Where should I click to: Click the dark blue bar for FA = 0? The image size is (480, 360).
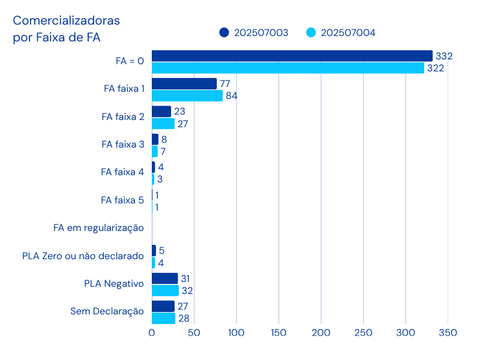[x=292, y=56]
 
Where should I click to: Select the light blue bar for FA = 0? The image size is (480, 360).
[x=288, y=68]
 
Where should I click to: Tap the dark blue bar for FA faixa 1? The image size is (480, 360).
[x=184, y=83]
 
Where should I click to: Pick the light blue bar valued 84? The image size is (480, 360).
[x=187, y=95]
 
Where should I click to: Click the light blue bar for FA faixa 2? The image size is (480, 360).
[x=163, y=124]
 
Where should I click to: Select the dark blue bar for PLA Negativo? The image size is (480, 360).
[x=165, y=278]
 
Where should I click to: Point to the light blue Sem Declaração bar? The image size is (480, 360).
[x=164, y=318]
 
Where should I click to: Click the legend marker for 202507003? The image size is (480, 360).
[x=224, y=32]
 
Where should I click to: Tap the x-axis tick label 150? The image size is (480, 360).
[x=278, y=332]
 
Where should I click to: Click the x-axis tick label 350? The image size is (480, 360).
[x=448, y=332]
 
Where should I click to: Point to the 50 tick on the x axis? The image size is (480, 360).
[x=194, y=332]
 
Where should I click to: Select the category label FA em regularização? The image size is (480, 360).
[x=98, y=228]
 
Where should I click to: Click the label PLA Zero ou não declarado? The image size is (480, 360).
[x=83, y=256]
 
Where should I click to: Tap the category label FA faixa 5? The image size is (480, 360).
[x=122, y=200]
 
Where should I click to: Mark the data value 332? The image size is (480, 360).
[x=444, y=56]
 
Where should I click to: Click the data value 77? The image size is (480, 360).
[x=225, y=83]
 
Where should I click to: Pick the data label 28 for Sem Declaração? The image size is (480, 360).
[x=184, y=318]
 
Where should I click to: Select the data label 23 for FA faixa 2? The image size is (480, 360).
[x=179, y=112]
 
